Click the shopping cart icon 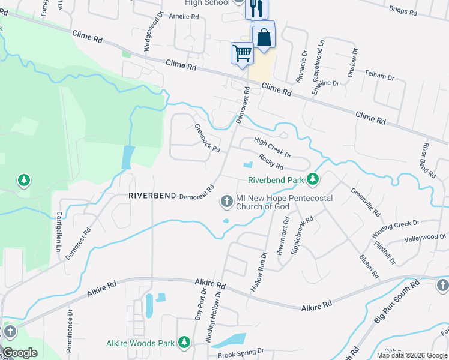pos(242,53)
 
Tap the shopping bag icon pos(264,37)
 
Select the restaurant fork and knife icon pos(256,8)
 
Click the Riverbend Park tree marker pos(312,179)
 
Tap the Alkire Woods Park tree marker pos(184,343)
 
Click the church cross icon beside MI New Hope pos(227,202)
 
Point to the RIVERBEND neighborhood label pos(152,196)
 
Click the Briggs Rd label pos(402,10)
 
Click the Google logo pos(20,353)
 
